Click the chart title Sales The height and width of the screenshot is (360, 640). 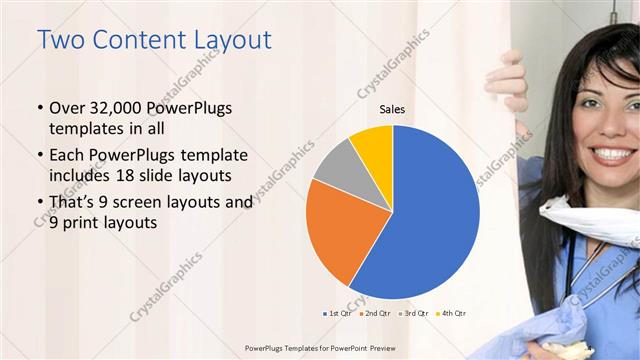[x=392, y=110]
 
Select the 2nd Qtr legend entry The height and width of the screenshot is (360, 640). [x=376, y=313]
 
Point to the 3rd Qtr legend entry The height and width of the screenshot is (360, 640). [x=414, y=313]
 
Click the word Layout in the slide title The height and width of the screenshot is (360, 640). [x=225, y=40]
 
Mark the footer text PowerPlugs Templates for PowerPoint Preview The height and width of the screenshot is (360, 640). [x=319, y=348]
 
